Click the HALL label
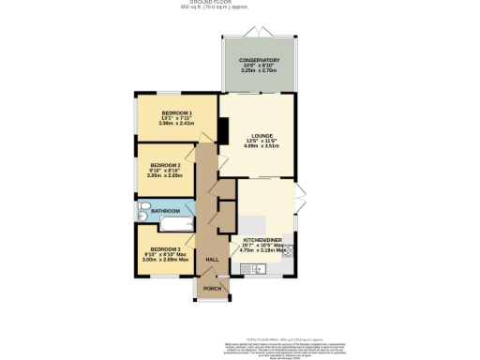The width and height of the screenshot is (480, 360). point(212,259)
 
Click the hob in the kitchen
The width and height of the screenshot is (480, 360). point(290,250)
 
